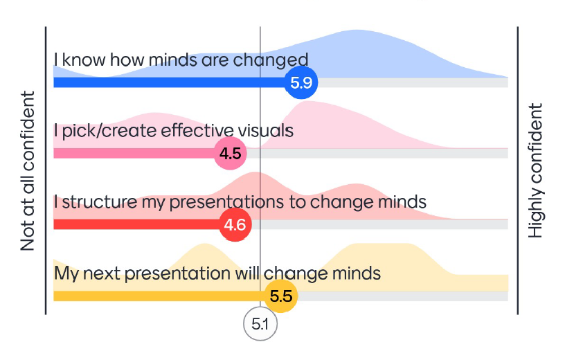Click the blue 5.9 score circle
[x=301, y=82]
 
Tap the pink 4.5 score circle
[x=231, y=153]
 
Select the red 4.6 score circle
[x=235, y=224]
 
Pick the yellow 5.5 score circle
[x=281, y=296]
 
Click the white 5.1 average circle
[x=260, y=323]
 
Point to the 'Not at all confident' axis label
[x=28, y=171]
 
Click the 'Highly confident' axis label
[x=535, y=171]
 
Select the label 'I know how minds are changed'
[x=181, y=60]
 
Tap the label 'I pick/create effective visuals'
[x=174, y=131]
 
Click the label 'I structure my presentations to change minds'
[x=240, y=201]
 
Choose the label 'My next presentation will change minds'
[x=217, y=273]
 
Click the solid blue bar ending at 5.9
[x=170, y=82]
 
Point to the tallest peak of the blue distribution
[x=357, y=30]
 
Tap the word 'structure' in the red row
[x=100, y=201]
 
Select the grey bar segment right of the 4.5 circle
[x=377, y=153]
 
